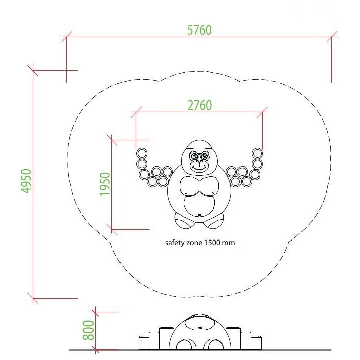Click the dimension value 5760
[x=199, y=30]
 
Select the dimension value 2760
[x=200, y=105]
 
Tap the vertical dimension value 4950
[x=26, y=181]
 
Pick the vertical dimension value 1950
[x=105, y=184]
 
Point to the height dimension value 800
[x=89, y=330]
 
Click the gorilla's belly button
[x=199, y=215]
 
